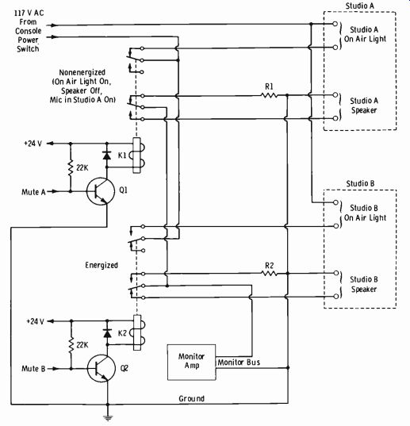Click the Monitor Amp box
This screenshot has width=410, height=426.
click(191, 363)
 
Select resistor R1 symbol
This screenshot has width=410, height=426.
click(269, 95)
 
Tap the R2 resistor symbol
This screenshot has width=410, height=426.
click(269, 274)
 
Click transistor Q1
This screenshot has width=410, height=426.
click(101, 191)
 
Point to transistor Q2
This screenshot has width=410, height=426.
click(102, 368)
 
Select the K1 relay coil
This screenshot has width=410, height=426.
click(138, 155)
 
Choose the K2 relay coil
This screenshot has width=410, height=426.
click(139, 332)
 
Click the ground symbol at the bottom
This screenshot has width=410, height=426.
click(108, 418)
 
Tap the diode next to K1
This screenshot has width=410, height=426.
click(107, 155)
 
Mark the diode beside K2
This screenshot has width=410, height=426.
click(108, 333)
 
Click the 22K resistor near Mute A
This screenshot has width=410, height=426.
click(71, 167)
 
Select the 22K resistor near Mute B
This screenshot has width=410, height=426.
click(71, 345)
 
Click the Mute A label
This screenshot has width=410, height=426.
click(33, 192)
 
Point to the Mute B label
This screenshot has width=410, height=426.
click(33, 369)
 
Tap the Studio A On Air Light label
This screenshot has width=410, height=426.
click(365, 34)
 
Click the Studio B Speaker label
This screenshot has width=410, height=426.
click(364, 284)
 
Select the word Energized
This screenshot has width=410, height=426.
click(102, 265)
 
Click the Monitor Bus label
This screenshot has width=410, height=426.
click(239, 363)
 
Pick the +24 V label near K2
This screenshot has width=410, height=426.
click(35, 321)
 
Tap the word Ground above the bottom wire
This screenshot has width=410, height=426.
click(191, 398)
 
